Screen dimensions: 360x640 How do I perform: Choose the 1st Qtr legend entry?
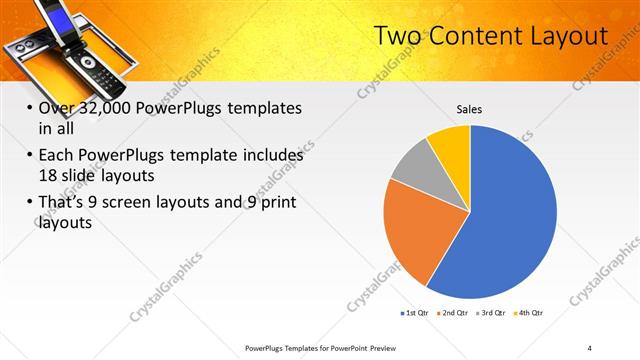pyautogui.click(x=415, y=313)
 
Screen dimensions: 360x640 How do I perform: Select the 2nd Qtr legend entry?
pyautogui.click(x=454, y=313)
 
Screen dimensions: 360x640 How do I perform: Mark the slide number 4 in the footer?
pyautogui.click(x=590, y=347)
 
